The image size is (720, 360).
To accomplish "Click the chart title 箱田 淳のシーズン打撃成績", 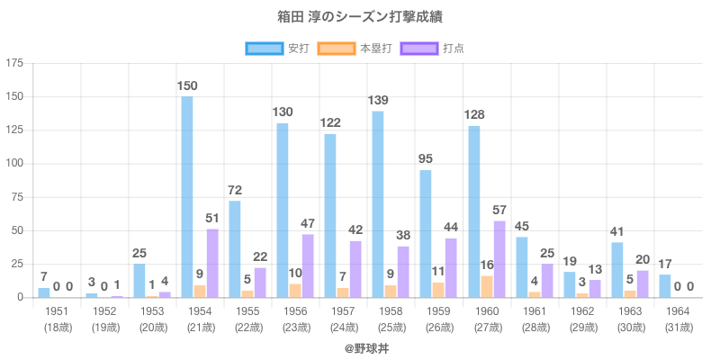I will point(360,17).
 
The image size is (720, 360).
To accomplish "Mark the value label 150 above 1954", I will point(187,86).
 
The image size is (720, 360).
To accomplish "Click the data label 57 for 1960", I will point(499,211).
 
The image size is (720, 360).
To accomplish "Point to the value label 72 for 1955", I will point(235,191).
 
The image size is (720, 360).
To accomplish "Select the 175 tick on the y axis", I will point(15,63).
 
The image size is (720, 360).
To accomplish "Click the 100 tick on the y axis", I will point(15,164).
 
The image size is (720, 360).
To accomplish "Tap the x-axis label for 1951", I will point(56,311).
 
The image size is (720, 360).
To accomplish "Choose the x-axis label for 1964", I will point(678,311).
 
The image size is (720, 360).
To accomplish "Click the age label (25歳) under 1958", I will point(391,327).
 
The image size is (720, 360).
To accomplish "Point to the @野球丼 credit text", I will point(360,346).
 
